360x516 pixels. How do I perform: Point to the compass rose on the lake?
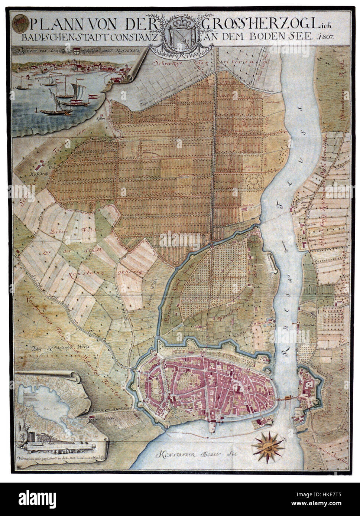(x=268, y=444)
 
